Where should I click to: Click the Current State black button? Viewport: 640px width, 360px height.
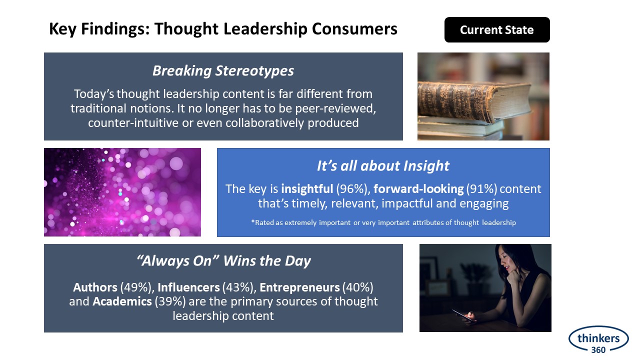tap(497, 29)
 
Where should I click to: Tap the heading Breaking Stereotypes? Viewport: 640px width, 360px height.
tap(223, 70)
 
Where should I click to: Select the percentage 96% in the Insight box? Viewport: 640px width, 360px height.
tap(351, 189)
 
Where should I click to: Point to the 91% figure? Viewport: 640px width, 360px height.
tap(481, 189)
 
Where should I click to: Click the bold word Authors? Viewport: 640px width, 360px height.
tap(95, 287)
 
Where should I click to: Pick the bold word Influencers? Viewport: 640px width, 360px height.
tap(188, 287)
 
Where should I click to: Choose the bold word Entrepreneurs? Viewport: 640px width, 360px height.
tap(299, 287)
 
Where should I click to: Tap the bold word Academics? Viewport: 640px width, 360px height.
tap(122, 301)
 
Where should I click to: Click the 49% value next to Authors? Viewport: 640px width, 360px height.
tap(135, 287)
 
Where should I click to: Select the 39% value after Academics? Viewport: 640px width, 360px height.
tap(170, 301)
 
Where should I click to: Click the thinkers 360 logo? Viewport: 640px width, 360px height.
tap(598, 339)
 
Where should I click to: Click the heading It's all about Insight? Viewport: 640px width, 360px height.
tap(383, 165)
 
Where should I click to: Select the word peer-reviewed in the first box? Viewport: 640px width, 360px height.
tap(335, 108)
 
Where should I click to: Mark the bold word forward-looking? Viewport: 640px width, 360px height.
tap(418, 189)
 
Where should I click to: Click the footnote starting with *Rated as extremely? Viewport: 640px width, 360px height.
tap(383, 222)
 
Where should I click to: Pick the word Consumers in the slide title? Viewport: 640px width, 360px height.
tap(354, 29)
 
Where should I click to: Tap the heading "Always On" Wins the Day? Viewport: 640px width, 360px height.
tap(223, 261)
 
